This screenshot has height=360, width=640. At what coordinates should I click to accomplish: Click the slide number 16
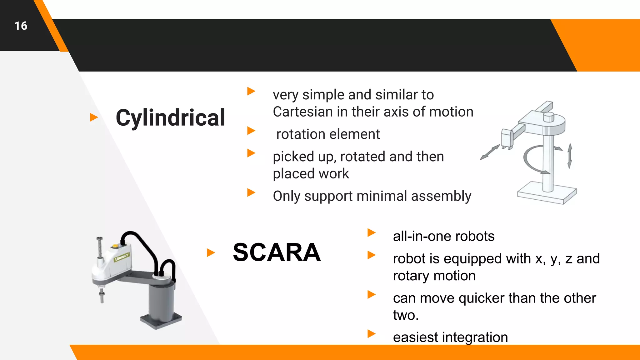[x=21, y=26]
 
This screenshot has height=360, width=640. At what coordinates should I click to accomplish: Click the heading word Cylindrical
[x=170, y=118]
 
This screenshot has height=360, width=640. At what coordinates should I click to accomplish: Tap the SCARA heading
[x=277, y=252]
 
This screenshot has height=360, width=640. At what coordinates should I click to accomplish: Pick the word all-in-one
[x=422, y=236]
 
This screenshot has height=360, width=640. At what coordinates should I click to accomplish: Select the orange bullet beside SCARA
[x=211, y=252]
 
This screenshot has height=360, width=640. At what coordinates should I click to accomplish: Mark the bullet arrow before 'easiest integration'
[x=371, y=334]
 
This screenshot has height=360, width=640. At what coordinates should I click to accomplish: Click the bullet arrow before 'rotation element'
[x=251, y=131]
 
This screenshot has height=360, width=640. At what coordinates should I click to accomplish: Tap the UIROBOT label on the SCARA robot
[x=122, y=257]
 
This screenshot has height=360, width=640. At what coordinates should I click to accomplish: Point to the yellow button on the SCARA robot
[x=115, y=246]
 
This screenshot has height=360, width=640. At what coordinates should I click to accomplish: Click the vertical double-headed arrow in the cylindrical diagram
[x=570, y=156]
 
